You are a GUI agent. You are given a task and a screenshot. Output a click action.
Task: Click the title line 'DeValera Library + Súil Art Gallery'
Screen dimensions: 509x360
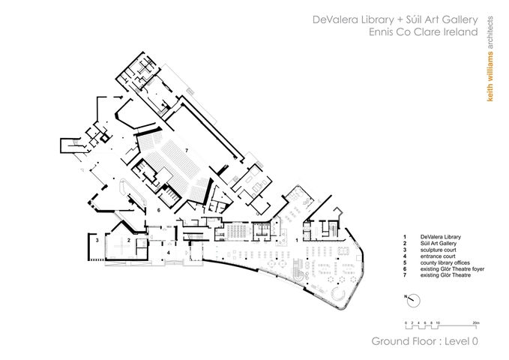point(395,19)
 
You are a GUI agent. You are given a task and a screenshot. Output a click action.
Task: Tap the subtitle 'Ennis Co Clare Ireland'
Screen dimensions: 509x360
point(424,32)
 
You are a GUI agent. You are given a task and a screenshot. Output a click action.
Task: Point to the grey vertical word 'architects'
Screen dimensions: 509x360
point(490,33)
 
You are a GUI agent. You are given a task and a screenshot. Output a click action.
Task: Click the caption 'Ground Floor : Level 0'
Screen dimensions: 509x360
point(424,341)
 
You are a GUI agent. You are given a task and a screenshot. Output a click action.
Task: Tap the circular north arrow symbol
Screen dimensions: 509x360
point(413,301)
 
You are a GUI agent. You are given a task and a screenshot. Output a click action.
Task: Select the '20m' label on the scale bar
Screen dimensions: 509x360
point(476,323)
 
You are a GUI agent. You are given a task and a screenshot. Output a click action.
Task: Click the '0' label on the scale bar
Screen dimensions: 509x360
point(406,323)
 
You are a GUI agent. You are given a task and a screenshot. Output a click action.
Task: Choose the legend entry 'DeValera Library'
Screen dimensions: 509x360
point(441,237)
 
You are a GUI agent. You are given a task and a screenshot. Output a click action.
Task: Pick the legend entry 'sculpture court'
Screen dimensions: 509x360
point(439,250)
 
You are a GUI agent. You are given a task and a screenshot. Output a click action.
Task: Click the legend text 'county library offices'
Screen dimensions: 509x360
point(445,262)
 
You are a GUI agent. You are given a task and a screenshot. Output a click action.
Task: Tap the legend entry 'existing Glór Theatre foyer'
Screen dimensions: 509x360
point(452,269)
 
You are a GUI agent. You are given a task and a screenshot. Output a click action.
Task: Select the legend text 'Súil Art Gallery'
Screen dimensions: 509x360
point(439,243)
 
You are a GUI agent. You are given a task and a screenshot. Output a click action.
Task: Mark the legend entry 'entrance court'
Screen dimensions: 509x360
point(438,256)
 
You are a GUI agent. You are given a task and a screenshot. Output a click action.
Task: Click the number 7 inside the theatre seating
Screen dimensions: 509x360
point(187,150)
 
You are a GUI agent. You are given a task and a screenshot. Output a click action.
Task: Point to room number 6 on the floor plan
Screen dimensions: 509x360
point(158,210)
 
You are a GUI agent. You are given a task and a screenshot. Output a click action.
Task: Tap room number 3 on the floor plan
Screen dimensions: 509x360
point(97,241)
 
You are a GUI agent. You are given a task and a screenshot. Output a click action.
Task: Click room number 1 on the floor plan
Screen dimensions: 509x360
point(297,241)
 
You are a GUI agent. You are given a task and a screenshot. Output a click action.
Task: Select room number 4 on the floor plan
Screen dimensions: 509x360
point(168,253)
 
